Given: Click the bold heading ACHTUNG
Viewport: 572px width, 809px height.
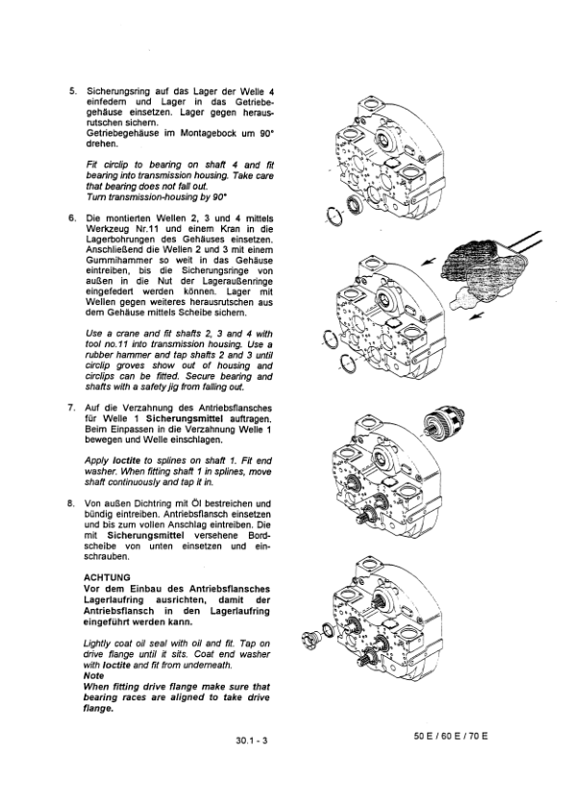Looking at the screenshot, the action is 108,577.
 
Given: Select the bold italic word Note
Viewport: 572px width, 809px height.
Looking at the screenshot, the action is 96,675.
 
